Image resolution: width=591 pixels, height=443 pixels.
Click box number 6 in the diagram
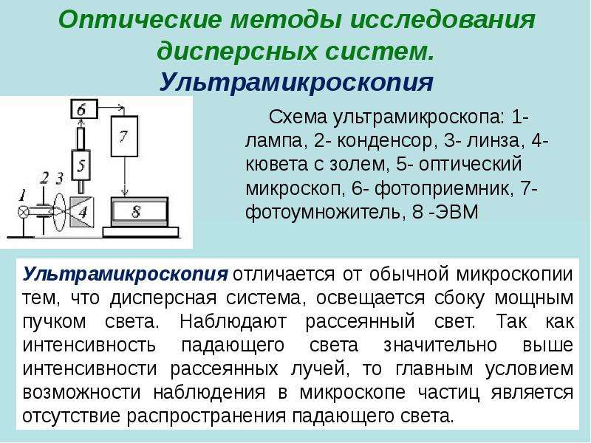click(84, 109)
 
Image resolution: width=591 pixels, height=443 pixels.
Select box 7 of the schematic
click(124, 136)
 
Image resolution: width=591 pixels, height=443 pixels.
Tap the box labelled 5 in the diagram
click(81, 165)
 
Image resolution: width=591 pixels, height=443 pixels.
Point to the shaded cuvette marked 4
click(81, 213)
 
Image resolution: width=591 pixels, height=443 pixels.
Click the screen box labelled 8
click(140, 212)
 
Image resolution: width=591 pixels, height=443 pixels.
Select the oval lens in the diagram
click(58, 212)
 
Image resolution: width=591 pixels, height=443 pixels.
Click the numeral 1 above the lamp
click(22, 196)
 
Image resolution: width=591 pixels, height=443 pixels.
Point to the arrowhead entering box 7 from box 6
click(121, 108)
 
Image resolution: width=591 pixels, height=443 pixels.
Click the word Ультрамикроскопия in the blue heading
click(296, 82)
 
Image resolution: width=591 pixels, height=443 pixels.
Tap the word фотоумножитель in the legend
click(323, 212)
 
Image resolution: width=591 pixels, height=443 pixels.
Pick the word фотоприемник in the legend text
click(441, 188)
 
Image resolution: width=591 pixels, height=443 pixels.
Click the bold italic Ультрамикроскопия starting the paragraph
click(125, 275)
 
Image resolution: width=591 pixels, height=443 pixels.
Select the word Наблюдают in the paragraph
click(233, 321)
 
